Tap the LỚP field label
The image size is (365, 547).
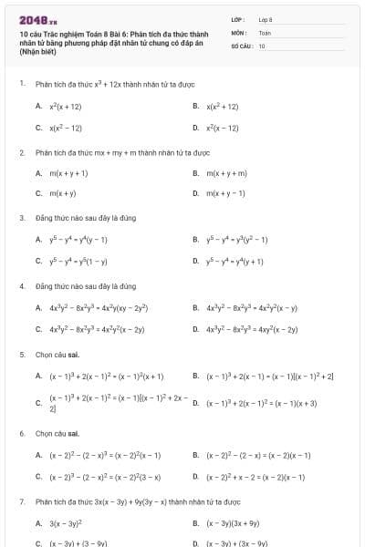[237, 18]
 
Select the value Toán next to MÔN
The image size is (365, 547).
[265, 32]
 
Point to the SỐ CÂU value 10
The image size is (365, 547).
[262, 46]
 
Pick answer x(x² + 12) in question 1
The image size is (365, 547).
[222, 106]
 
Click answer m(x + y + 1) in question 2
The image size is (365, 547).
[68, 172]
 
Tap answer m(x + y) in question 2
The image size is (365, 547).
[62, 193]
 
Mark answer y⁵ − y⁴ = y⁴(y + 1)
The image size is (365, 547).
[236, 261]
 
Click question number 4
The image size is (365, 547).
[21, 285]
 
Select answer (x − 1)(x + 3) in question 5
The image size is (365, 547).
[261, 403]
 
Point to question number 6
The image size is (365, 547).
[21, 433]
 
